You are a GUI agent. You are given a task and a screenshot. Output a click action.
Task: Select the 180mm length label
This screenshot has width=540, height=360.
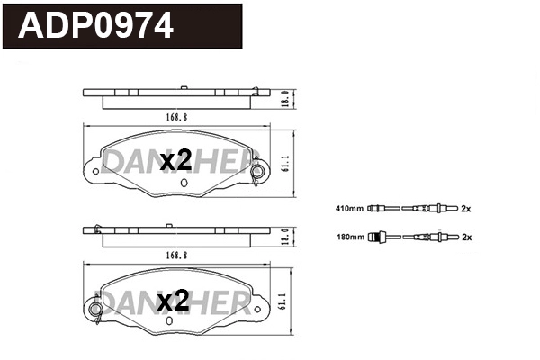tap(348, 238)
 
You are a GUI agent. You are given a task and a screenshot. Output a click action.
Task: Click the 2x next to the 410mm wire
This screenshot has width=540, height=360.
tap(467, 210)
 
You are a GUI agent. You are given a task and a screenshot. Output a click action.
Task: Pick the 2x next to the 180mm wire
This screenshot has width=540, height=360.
tap(467, 238)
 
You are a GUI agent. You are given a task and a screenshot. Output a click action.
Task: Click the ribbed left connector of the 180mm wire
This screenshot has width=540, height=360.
tap(381, 238)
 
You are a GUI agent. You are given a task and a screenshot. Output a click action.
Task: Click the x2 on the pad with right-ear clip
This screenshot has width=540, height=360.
tap(175, 162)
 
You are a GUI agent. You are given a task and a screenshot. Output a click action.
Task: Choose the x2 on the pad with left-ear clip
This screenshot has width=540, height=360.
tap(173, 301)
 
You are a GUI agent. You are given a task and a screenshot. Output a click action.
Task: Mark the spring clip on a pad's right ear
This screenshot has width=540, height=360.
tap(258, 172)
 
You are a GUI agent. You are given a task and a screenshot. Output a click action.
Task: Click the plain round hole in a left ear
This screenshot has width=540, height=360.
tap(94, 170)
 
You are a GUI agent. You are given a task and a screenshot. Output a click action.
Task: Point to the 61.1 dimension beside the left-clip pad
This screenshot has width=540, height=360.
tap(283, 302)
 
